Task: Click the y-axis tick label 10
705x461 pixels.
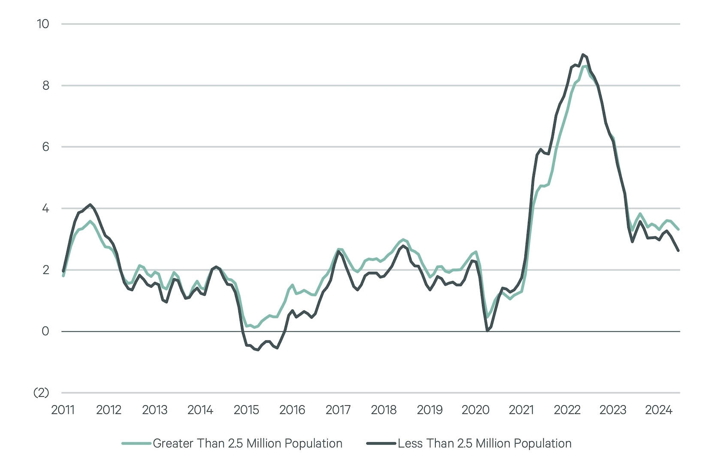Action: [43, 24]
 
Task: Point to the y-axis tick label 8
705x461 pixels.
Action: [45, 86]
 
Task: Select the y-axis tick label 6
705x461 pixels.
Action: [45, 147]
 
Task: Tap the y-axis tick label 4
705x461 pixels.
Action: [45, 209]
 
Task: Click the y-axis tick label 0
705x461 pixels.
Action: [45, 331]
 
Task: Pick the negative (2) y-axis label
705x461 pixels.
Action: [41, 393]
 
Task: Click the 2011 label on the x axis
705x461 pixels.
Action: [63, 410]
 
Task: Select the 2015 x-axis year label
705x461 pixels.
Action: [246, 410]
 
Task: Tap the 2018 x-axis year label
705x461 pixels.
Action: [383, 410]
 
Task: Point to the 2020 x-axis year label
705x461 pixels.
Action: [475, 410]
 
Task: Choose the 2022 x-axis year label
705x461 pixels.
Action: [567, 410]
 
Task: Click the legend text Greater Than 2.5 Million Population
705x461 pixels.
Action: [247, 443]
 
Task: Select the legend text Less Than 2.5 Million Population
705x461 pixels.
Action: [485, 443]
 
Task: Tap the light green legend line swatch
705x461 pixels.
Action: [136, 443]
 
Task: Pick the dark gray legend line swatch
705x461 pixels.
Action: [381, 443]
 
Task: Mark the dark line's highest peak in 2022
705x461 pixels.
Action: [582, 54]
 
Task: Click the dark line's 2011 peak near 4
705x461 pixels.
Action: [90, 205]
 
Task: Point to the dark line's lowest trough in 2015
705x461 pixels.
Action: [258, 350]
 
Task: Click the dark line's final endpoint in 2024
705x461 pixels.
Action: [678, 250]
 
